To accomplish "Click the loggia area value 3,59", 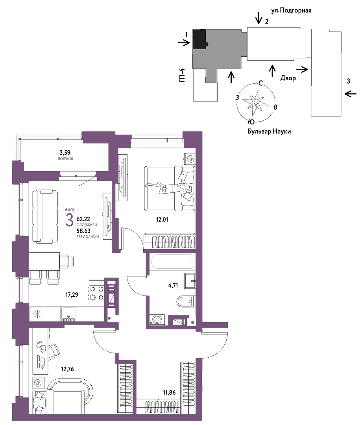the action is pos(65,153).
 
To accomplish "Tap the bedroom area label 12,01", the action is pos(162,220).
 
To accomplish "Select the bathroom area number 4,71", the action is pos(173,285).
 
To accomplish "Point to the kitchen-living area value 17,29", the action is pos(72,295).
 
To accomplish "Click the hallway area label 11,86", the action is pos(169,392).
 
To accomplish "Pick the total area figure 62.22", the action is pos(83,219).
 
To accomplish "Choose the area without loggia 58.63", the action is pos(83,231).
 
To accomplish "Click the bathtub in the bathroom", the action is pos(173,262).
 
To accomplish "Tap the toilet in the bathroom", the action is pos(186,301).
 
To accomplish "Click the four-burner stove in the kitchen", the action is pos(97,293).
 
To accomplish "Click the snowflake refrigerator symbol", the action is pos(37,314).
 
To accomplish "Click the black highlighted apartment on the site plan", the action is pos(199,39).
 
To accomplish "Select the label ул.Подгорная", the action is pos(291,11).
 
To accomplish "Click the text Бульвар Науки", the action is pos(269,131).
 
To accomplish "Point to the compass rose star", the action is pos(256,103).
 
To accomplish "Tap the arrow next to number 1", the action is pos(184,42).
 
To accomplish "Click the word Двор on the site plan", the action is pos(288,78).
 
